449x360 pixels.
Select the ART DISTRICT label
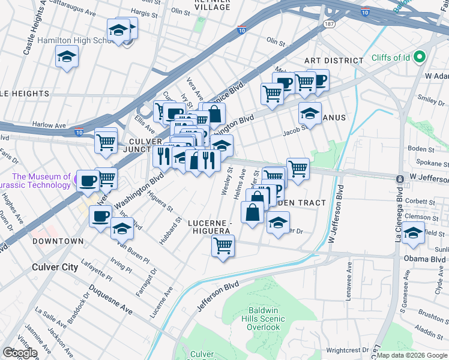(333, 61)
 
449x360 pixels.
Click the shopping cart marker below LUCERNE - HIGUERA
(223, 245)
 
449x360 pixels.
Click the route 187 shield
(328, 24)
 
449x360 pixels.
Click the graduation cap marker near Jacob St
(310, 112)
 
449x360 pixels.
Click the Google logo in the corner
(20, 353)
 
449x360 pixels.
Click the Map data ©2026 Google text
(412, 355)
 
